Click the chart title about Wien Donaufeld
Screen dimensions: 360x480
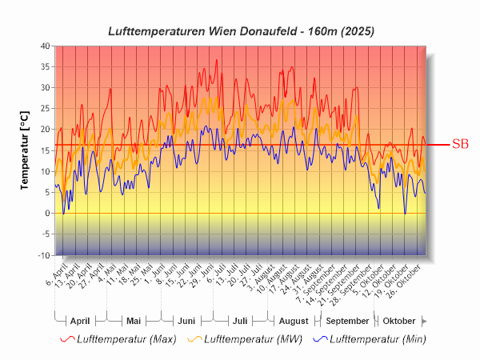click(241, 31)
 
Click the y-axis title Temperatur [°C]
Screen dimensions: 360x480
click(25, 150)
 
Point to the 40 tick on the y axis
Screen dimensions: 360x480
click(45, 46)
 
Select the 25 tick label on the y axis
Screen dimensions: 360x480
click(45, 109)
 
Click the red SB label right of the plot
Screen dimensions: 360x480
click(460, 145)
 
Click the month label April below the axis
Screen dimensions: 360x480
click(80, 321)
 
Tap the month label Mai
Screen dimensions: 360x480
click(134, 321)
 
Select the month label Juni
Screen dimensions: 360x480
click(186, 321)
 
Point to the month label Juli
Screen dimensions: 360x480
click(239, 321)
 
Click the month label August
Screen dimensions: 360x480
click(293, 321)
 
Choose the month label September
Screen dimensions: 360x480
click(346, 321)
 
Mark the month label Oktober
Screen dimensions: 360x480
click(398, 321)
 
